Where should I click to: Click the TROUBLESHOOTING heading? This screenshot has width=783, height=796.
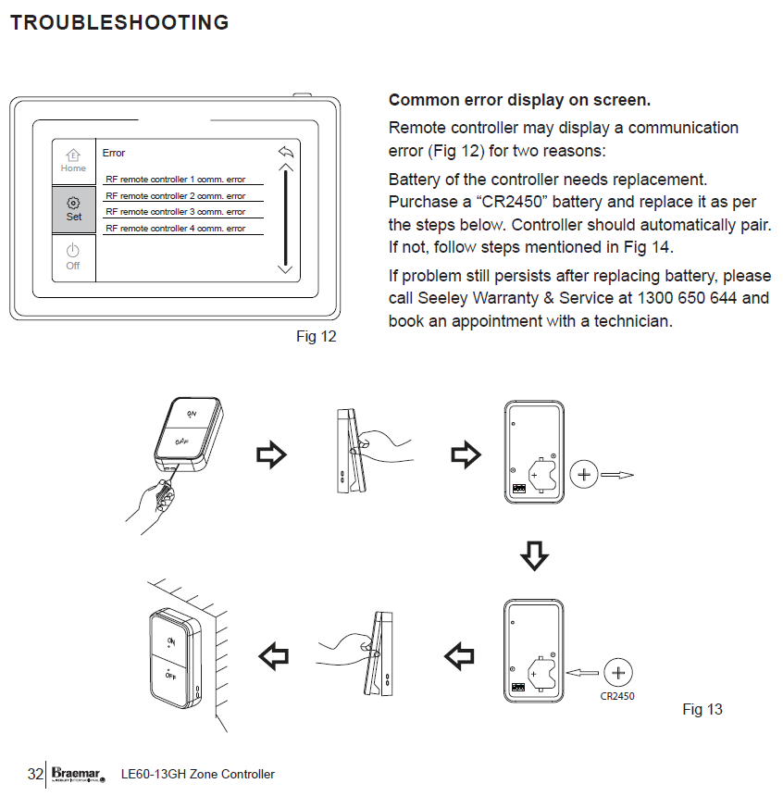[119, 23]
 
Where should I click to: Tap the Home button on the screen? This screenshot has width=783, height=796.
[73, 161]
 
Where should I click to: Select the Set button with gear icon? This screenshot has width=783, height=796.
[73, 209]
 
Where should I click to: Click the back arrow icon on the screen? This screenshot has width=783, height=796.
[285, 152]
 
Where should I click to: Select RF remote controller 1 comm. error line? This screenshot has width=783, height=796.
[176, 180]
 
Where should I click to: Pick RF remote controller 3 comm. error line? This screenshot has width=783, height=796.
[176, 212]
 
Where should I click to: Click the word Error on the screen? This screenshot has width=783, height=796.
[114, 153]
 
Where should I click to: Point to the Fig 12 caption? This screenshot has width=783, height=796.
[317, 337]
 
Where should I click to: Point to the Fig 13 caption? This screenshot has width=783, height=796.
[702, 710]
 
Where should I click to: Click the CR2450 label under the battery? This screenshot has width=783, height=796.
[617, 696]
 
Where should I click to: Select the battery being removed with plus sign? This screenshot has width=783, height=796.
[583, 476]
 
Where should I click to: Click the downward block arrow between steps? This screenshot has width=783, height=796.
[534, 555]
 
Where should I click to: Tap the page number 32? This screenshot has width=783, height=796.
[35, 774]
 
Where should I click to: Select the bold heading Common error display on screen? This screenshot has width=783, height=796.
[519, 100]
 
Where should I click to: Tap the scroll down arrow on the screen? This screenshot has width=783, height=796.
[285, 268]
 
